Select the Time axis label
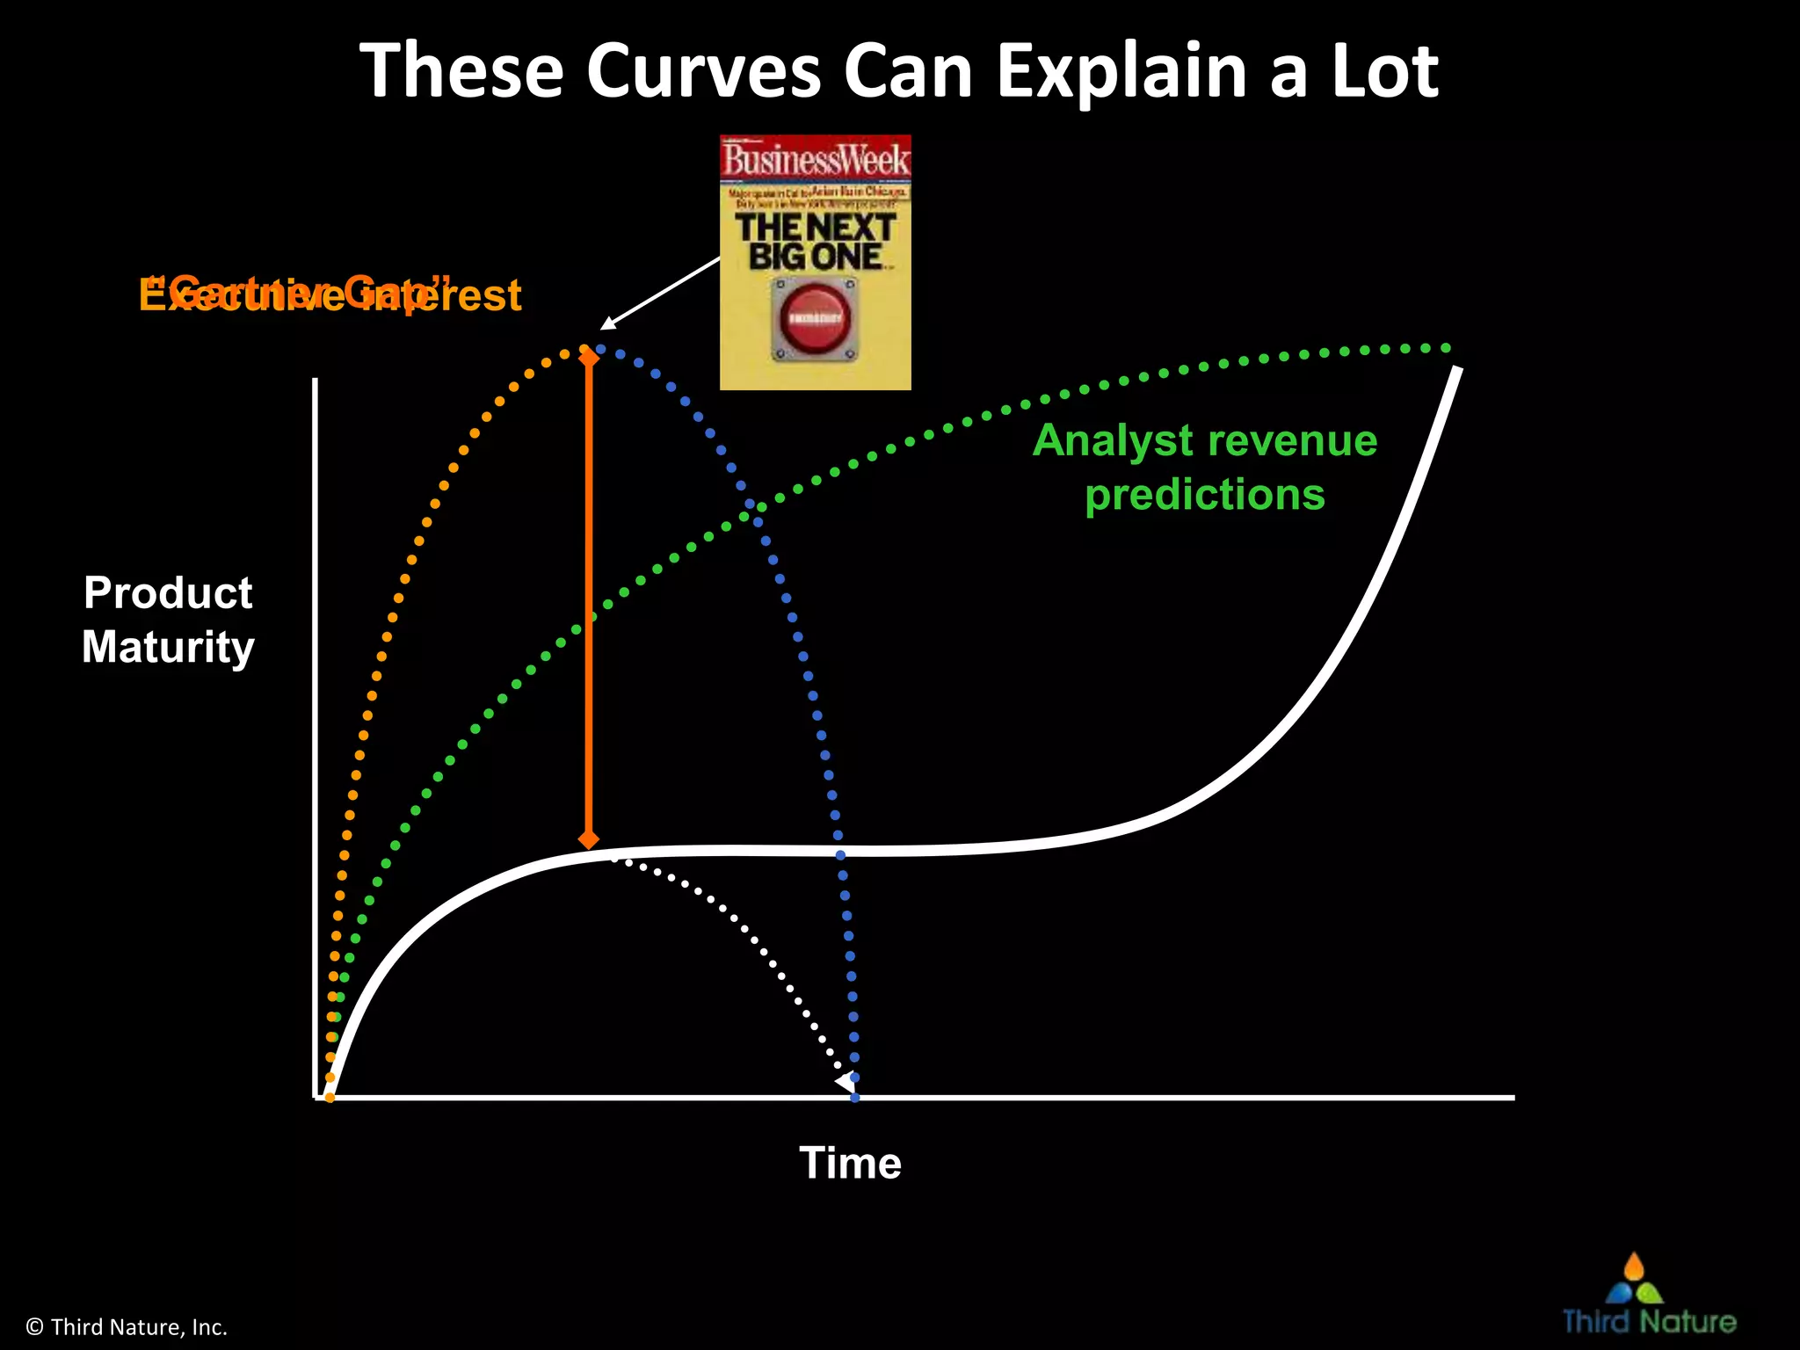point(850,1163)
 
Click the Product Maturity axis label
point(168,620)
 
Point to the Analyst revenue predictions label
point(1205,468)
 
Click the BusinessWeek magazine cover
point(815,262)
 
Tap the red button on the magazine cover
point(815,318)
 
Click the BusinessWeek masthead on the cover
point(815,160)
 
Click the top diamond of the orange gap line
point(589,356)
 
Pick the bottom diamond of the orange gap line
point(589,839)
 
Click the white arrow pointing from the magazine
point(659,294)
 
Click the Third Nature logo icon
point(1634,1280)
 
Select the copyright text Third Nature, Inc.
point(127,1327)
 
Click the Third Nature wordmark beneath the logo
point(1650,1322)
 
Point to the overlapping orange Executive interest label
point(330,294)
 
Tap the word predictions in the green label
point(1205,495)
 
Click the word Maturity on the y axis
point(168,647)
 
